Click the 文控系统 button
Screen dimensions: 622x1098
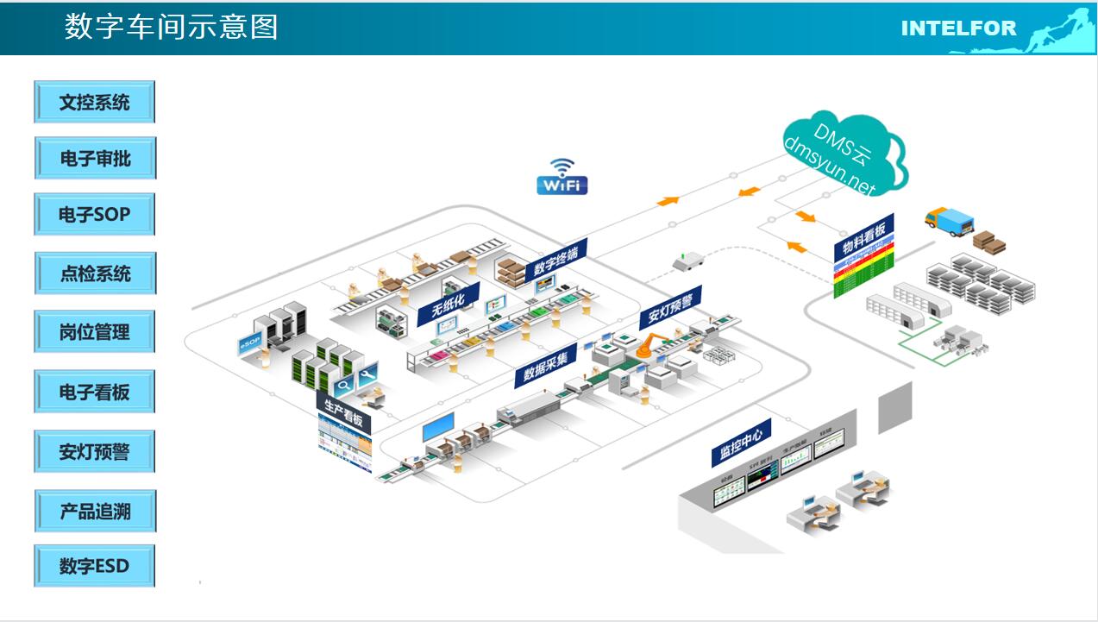[95, 102]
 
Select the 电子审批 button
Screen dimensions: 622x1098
[95, 159]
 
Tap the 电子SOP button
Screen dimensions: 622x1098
[95, 214]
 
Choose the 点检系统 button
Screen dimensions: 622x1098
[95, 273]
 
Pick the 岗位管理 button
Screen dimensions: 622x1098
[95, 331]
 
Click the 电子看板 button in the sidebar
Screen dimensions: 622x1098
[95, 392]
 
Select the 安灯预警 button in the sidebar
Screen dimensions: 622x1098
[95, 451]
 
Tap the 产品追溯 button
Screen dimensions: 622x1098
[95, 511]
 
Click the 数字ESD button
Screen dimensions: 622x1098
[95, 566]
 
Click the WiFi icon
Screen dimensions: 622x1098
[562, 177]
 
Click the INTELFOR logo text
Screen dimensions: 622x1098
[958, 28]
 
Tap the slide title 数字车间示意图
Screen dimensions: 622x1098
[172, 27]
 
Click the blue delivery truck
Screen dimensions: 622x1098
[948, 221]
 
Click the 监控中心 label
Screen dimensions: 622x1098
[740, 443]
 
